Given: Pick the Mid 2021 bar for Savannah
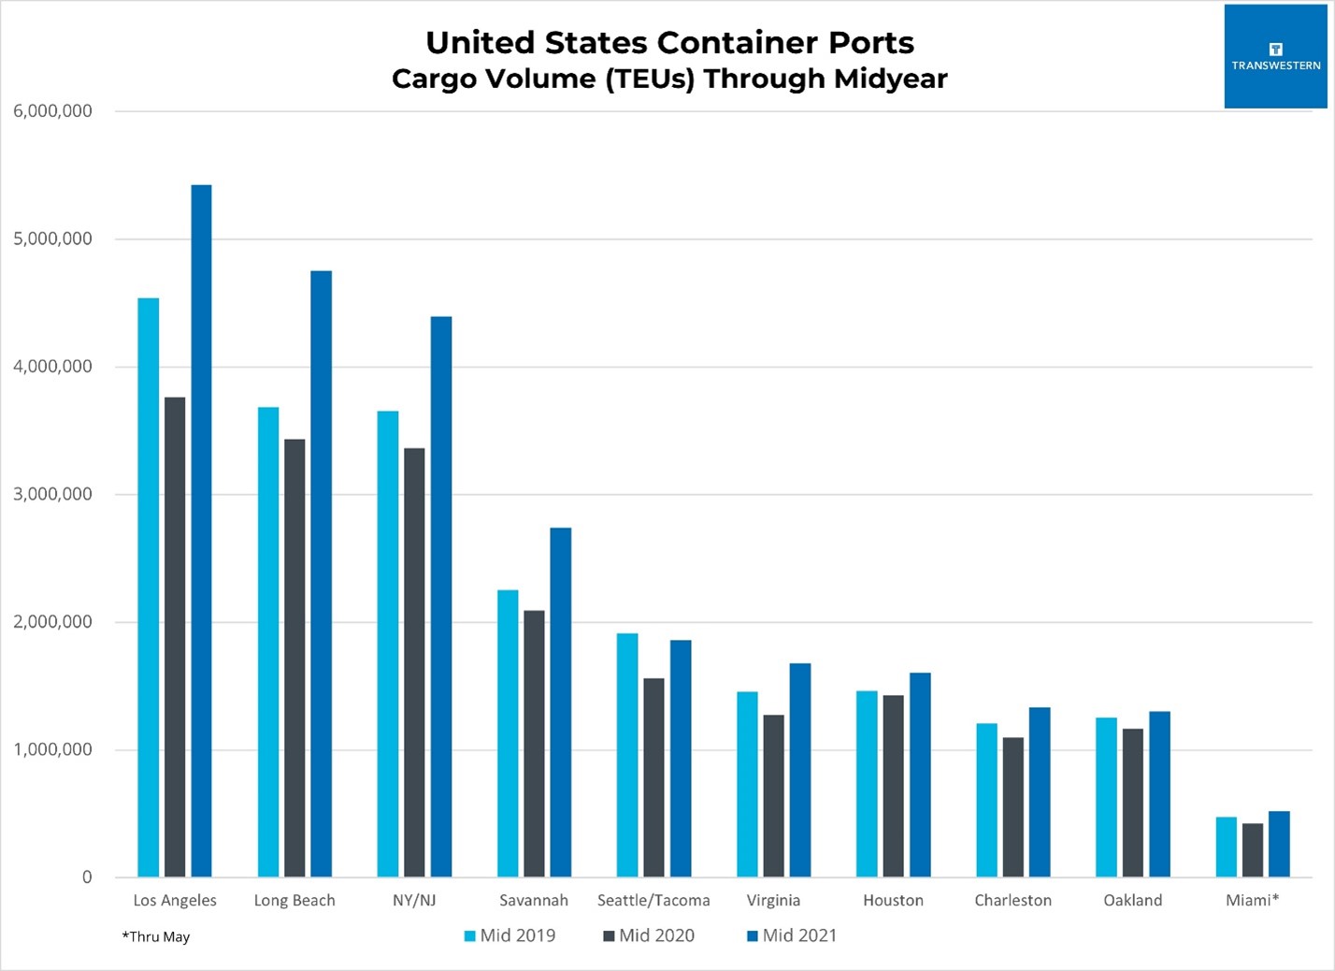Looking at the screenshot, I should pos(561,702).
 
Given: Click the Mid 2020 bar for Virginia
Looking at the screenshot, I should pos(773,795).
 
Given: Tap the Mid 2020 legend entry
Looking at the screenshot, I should pos(649,935).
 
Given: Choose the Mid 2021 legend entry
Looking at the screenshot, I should pos(792,935).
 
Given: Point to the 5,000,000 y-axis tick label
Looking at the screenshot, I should pos(53,239).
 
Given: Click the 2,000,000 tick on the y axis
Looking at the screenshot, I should pos(53,622).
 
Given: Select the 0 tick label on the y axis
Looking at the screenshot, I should pos(87,877).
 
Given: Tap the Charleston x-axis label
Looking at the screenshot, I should pos(1012,900).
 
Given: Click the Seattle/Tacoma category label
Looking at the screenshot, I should pos(653,900).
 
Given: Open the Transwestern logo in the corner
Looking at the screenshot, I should pos(1275,57).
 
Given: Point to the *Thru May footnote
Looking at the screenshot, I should pos(156,936).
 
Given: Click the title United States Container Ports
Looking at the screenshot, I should pos(669,42).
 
